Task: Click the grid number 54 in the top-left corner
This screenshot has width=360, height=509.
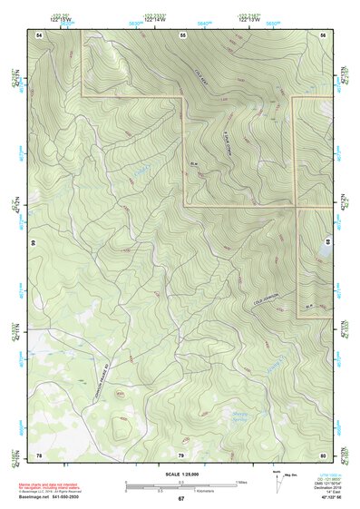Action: [x=39, y=34]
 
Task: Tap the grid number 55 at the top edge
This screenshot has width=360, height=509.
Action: [x=181, y=34]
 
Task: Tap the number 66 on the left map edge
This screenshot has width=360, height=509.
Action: [x=34, y=243]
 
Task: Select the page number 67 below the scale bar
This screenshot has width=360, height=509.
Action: [x=180, y=498]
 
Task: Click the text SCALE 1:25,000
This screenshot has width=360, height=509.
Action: [x=180, y=475]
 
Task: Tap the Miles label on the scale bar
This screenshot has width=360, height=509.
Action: [x=243, y=481]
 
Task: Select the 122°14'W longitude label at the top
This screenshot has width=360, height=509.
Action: [x=151, y=18]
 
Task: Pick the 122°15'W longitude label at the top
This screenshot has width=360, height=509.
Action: [x=62, y=18]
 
